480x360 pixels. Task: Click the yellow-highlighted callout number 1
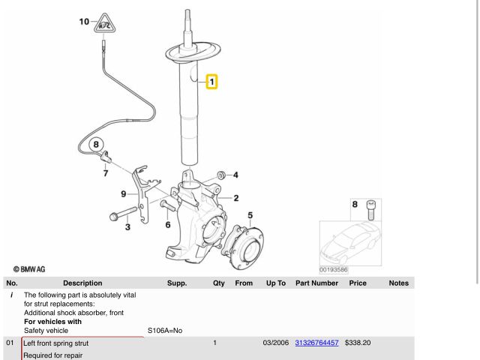click(x=211, y=82)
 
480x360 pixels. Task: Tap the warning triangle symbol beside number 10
click(x=105, y=23)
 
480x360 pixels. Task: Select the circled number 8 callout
click(x=96, y=145)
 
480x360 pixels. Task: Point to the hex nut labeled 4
click(x=221, y=175)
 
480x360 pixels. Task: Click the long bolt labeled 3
click(x=123, y=213)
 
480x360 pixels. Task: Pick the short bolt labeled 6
click(x=167, y=205)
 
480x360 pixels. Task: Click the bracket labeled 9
click(x=144, y=193)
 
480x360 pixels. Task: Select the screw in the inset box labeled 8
click(x=370, y=210)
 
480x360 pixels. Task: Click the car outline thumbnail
click(x=350, y=243)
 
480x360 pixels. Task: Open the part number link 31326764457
click(x=316, y=343)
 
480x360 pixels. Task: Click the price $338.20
click(x=358, y=343)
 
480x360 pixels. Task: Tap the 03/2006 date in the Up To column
click(x=276, y=343)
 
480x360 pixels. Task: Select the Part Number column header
click(x=316, y=283)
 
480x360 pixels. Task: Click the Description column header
click(x=82, y=283)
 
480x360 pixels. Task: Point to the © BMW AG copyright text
click(x=29, y=269)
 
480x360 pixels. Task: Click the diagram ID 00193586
click(x=333, y=270)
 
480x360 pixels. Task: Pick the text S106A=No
click(x=165, y=331)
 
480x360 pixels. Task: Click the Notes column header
click(x=398, y=283)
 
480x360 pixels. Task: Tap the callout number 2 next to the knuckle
click(x=236, y=198)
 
